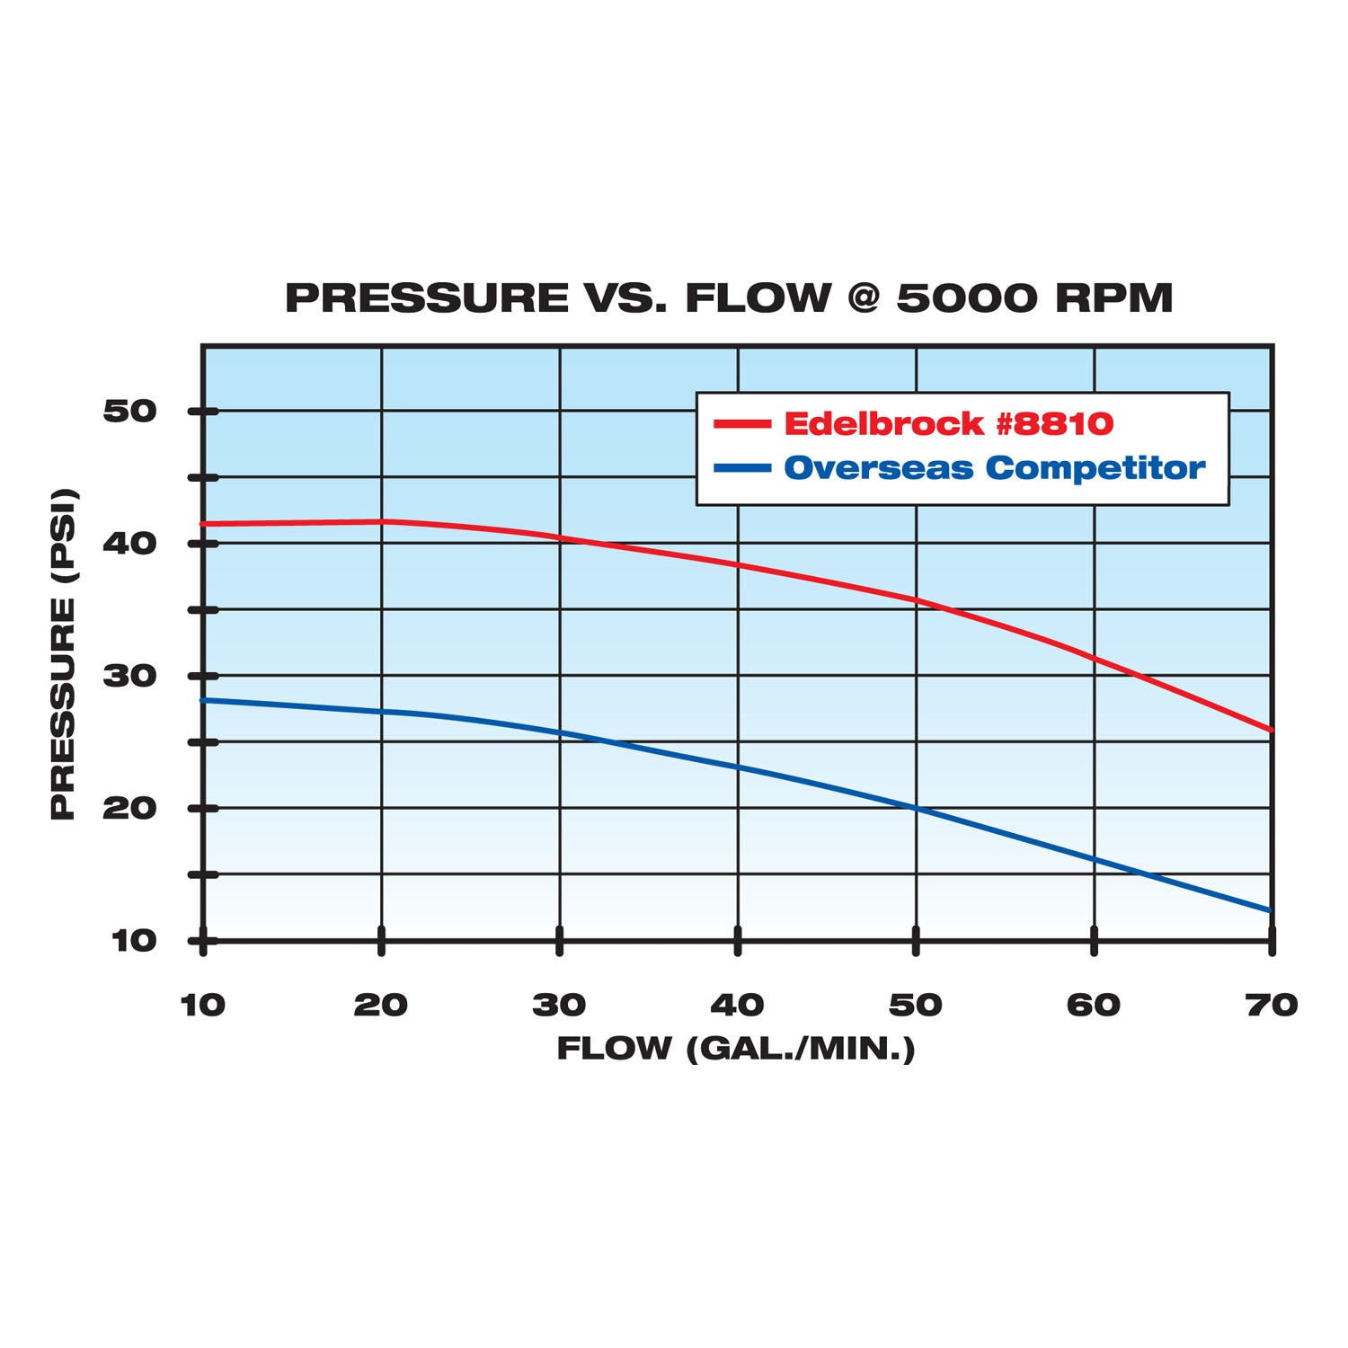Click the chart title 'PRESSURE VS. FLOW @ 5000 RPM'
[x=729, y=298]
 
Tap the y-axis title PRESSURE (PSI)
[x=63, y=654]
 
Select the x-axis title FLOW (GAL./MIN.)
[x=735, y=1048]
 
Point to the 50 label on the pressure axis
[x=130, y=412]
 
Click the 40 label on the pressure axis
[x=130, y=544]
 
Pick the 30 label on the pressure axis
[x=130, y=676]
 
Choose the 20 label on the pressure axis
[x=130, y=808]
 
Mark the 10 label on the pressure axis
[x=134, y=941]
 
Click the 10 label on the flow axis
[x=203, y=1005]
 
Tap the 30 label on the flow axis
[x=559, y=1005]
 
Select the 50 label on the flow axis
[x=916, y=1005]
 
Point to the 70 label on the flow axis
[x=1272, y=1005]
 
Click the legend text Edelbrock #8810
[x=948, y=423]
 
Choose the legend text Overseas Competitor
[x=994, y=468]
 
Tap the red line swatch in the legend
[x=742, y=424]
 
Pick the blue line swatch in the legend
[x=742, y=468]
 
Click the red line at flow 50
[x=916, y=599]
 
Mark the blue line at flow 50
[x=916, y=808]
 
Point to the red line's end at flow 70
[x=1271, y=730]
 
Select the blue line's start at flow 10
[x=205, y=700]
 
